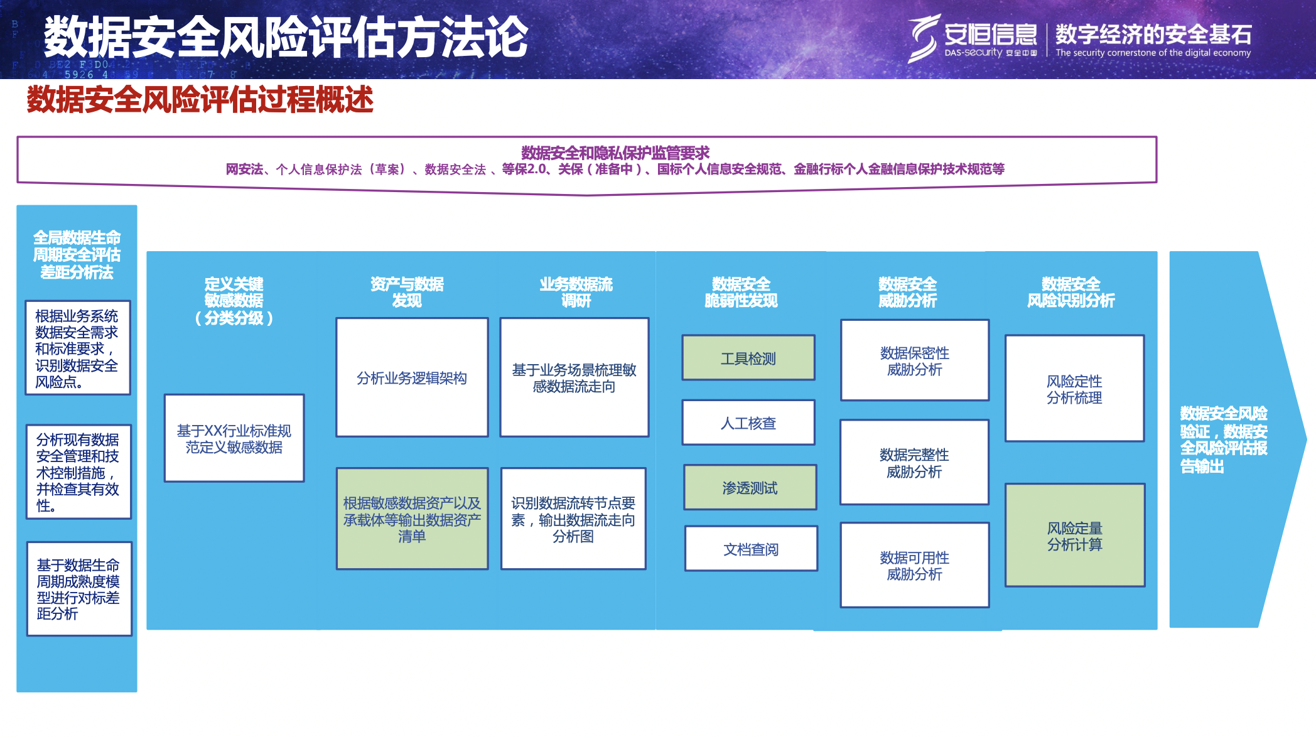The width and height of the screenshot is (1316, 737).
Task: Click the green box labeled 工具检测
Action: click(748, 358)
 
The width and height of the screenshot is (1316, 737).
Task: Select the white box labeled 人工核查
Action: click(748, 422)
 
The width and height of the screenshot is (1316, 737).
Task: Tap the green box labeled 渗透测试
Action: click(750, 487)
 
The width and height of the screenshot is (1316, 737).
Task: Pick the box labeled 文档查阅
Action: click(751, 549)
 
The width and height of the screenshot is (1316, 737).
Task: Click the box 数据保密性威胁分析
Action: click(914, 360)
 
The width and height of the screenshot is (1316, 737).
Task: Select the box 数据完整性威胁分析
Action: click(914, 462)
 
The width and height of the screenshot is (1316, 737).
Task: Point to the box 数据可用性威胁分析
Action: click(914, 565)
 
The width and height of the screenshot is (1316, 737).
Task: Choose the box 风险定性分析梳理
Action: click(1074, 389)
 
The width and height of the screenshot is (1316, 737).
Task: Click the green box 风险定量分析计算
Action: click(1074, 535)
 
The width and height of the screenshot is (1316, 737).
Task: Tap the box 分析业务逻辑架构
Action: click(412, 377)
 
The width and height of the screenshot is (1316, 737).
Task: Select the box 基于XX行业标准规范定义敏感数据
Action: click(234, 438)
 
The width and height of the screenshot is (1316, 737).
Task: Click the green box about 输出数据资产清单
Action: click(412, 519)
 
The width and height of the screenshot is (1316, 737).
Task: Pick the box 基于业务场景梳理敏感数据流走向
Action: click(574, 377)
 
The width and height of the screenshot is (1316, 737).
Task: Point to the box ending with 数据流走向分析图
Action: click(573, 519)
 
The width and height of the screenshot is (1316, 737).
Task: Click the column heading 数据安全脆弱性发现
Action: click(741, 292)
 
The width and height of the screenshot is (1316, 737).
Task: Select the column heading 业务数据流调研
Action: click(576, 292)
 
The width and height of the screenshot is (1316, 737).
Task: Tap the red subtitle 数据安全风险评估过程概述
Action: click(200, 99)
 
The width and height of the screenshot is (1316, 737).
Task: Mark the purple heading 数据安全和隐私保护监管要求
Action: click(615, 153)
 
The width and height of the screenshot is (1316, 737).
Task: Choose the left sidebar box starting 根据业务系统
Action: click(77, 348)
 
